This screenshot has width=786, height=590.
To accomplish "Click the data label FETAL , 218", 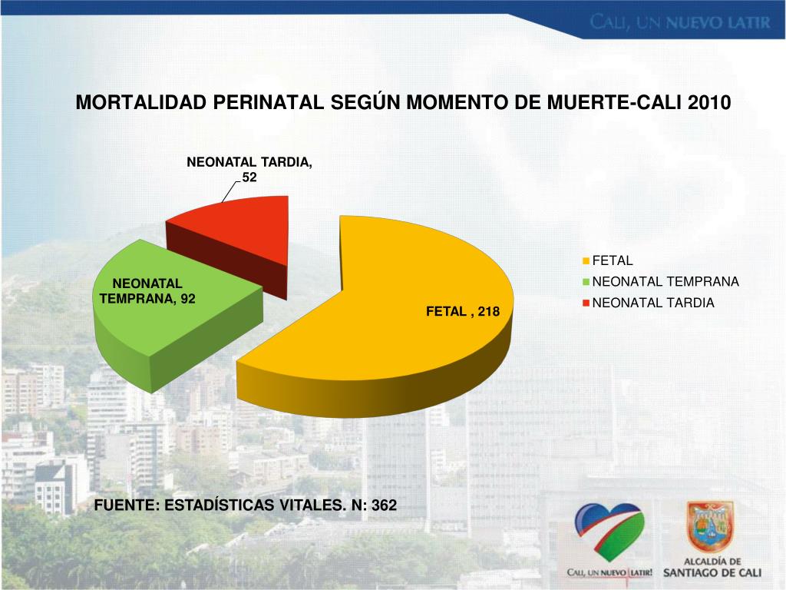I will click(463, 312).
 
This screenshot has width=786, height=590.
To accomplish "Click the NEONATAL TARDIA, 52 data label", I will click(249, 170).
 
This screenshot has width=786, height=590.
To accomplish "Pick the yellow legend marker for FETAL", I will click(587, 261).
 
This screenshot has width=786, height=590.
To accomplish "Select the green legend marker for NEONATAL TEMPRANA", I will click(587, 282).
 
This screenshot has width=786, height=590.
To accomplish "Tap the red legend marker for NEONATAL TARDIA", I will click(587, 303).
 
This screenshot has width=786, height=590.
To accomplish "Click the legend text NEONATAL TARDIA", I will click(653, 303).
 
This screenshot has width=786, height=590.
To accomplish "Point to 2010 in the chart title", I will click(710, 103).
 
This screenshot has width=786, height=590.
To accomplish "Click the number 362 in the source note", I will click(384, 505).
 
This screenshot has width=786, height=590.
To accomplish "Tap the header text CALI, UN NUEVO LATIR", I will click(679, 22).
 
